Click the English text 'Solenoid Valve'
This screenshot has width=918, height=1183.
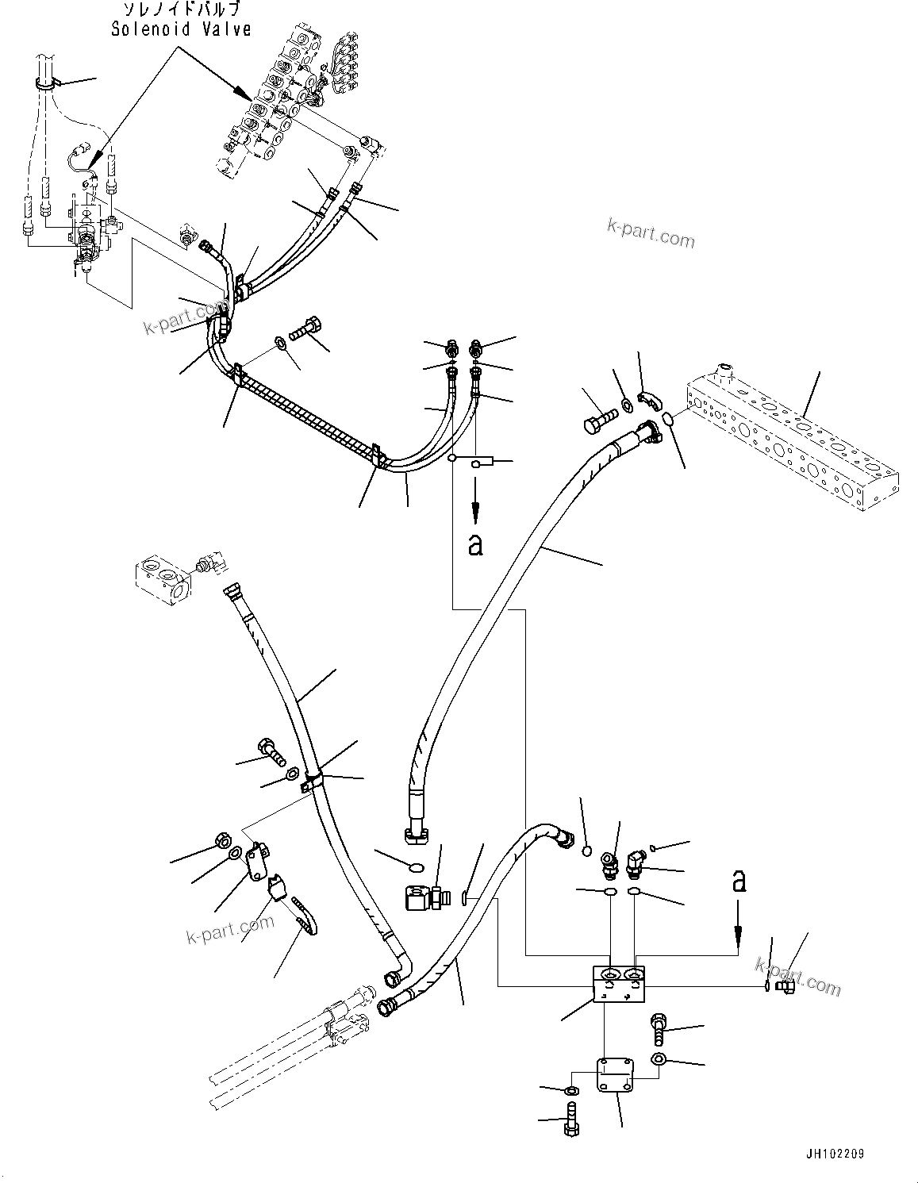[x=181, y=29]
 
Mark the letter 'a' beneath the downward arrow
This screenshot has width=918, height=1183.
[x=475, y=545]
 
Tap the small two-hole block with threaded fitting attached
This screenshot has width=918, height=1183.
[x=164, y=578]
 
